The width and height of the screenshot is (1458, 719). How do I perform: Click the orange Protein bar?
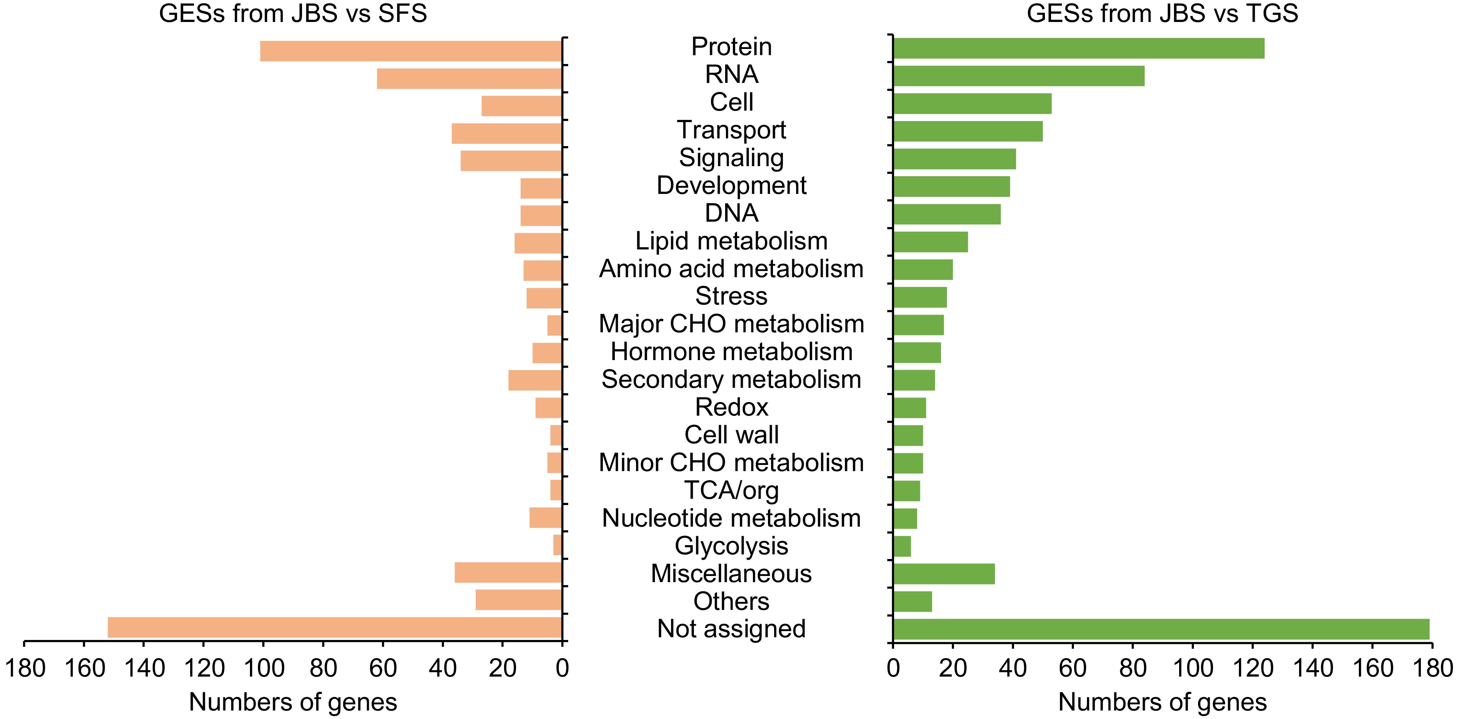click(410, 51)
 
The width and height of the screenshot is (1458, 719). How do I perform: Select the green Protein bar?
click(1078, 48)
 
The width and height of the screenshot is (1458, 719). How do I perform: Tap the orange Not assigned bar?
click(334, 627)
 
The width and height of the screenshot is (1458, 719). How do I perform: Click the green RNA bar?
click(1018, 76)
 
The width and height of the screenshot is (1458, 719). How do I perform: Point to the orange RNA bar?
click(469, 79)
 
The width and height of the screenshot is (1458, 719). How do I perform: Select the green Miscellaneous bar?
click(943, 574)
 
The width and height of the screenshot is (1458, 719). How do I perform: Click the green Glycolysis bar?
click(902, 546)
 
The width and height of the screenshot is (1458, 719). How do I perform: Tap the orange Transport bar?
click(506, 133)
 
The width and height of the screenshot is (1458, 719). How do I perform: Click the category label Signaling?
click(731, 157)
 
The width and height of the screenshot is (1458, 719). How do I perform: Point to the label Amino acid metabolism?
click(731, 268)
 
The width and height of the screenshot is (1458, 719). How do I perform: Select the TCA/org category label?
click(731, 490)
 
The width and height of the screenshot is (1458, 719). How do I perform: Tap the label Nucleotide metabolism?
click(731, 518)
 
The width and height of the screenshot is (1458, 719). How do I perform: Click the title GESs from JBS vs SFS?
click(293, 13)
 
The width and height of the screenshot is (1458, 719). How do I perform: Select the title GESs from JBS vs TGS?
click(1162, 13)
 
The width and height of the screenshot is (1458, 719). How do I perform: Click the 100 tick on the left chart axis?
click(264, 668)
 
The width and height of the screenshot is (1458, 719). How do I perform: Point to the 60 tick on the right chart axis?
click(1072, 668)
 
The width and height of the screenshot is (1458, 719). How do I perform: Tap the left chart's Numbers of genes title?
click(293, 702)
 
